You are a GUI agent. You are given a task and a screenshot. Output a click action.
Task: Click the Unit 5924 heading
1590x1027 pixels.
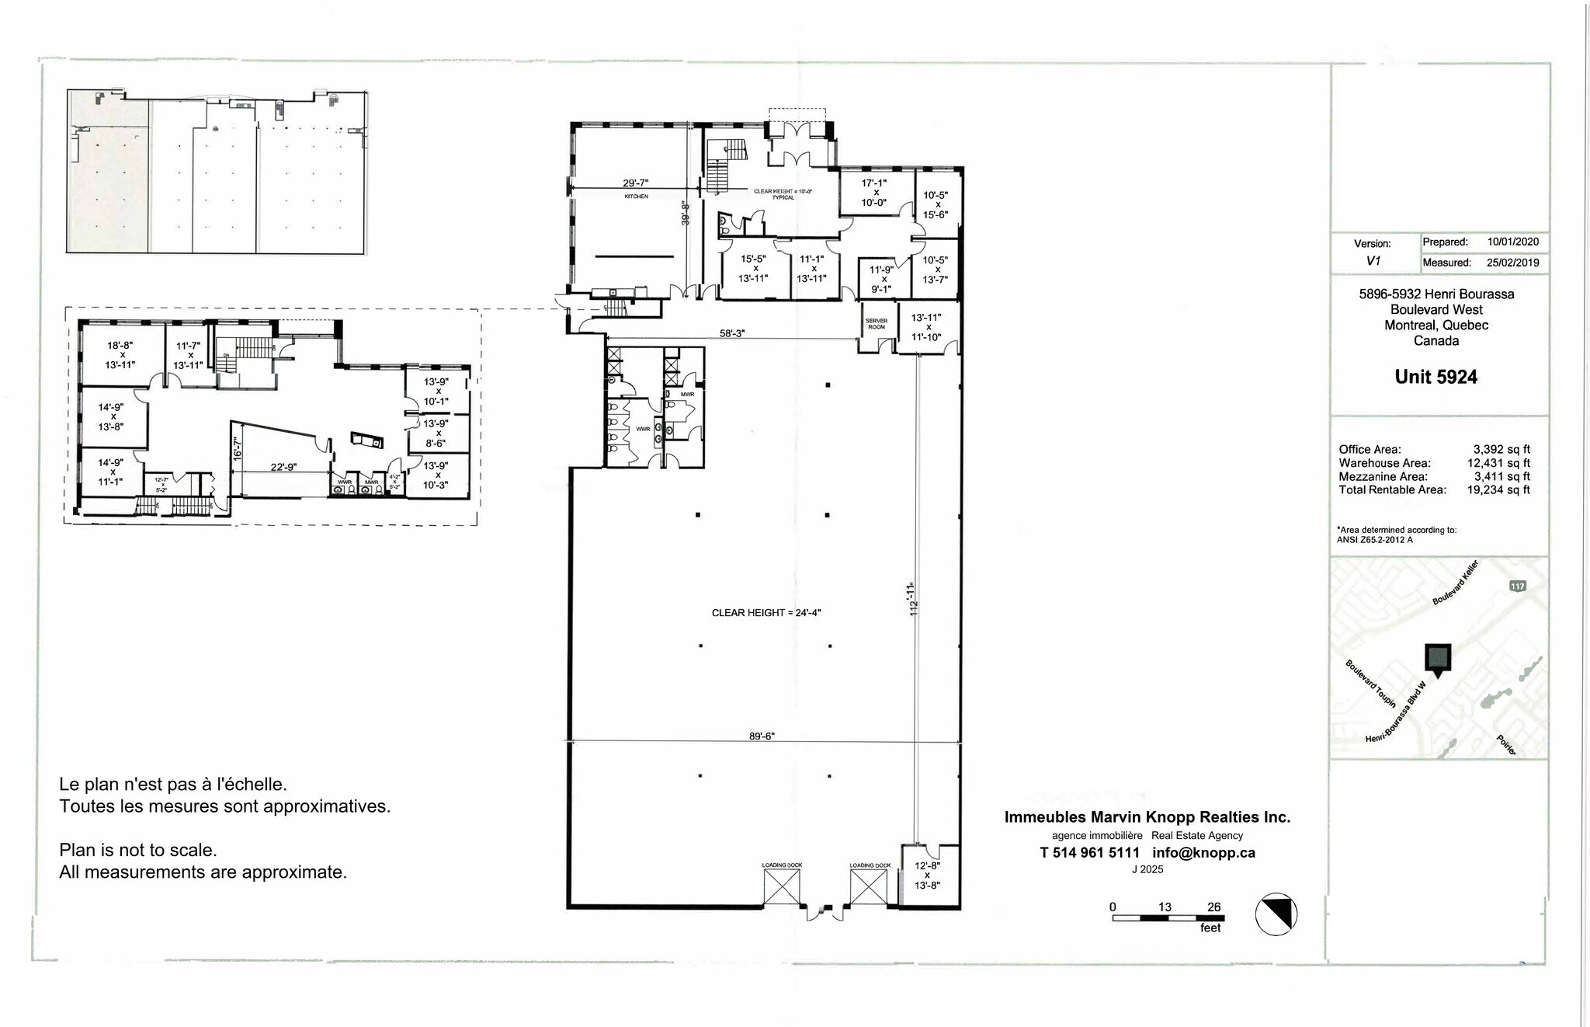click(x=1436, y=377)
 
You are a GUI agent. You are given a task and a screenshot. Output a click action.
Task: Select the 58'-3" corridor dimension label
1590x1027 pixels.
click(x=731, y=333)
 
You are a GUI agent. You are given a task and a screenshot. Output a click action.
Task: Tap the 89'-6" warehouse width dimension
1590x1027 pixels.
click(x=762, y=736)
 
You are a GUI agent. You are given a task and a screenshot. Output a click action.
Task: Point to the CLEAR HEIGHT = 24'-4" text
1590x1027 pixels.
click(x=766, y=613)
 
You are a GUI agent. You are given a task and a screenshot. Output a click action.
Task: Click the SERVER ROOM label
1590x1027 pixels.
click(x=876, y=324)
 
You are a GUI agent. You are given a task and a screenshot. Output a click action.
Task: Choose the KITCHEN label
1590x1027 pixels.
click(x=636, y=197)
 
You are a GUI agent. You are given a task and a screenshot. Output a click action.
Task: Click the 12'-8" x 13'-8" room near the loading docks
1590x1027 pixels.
click(x=927, y=875)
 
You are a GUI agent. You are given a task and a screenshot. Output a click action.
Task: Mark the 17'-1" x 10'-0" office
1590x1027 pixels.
click(x=873, y=193)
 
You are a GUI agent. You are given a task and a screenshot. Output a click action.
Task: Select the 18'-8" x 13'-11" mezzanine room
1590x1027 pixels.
click(x=122, y=354)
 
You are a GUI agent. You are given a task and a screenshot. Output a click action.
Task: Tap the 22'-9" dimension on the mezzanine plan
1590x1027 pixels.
click(x=283, y=467)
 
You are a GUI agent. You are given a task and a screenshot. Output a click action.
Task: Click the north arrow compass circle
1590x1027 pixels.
click(x=1276, y=914)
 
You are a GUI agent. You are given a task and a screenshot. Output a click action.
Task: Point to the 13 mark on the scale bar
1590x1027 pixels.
click(x=1165, y=907)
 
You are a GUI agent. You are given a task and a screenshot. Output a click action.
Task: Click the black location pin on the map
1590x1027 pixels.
click(x=1437, y=659)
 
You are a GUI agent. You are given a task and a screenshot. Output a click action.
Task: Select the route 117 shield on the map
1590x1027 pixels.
click(x=1517, y=586)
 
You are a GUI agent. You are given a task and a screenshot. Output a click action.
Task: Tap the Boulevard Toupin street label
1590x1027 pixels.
click(x=1370, y=683)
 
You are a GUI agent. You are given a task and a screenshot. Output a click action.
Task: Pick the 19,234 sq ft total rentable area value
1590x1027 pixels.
click(x=1498, y=489)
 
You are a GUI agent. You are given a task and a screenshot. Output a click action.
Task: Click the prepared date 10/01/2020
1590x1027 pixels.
click(x=1512, y=242)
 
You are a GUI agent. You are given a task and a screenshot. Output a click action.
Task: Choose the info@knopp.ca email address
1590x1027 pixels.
click(x=1203, y=852)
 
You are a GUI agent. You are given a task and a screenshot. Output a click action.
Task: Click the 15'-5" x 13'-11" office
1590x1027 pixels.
click(x=753, y=269)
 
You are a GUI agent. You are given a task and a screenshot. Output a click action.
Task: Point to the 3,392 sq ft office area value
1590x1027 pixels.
click(x=1501, y=449)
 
